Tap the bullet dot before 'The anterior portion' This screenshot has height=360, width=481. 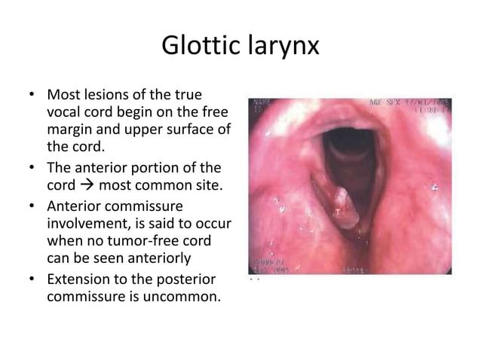point(32,163)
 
